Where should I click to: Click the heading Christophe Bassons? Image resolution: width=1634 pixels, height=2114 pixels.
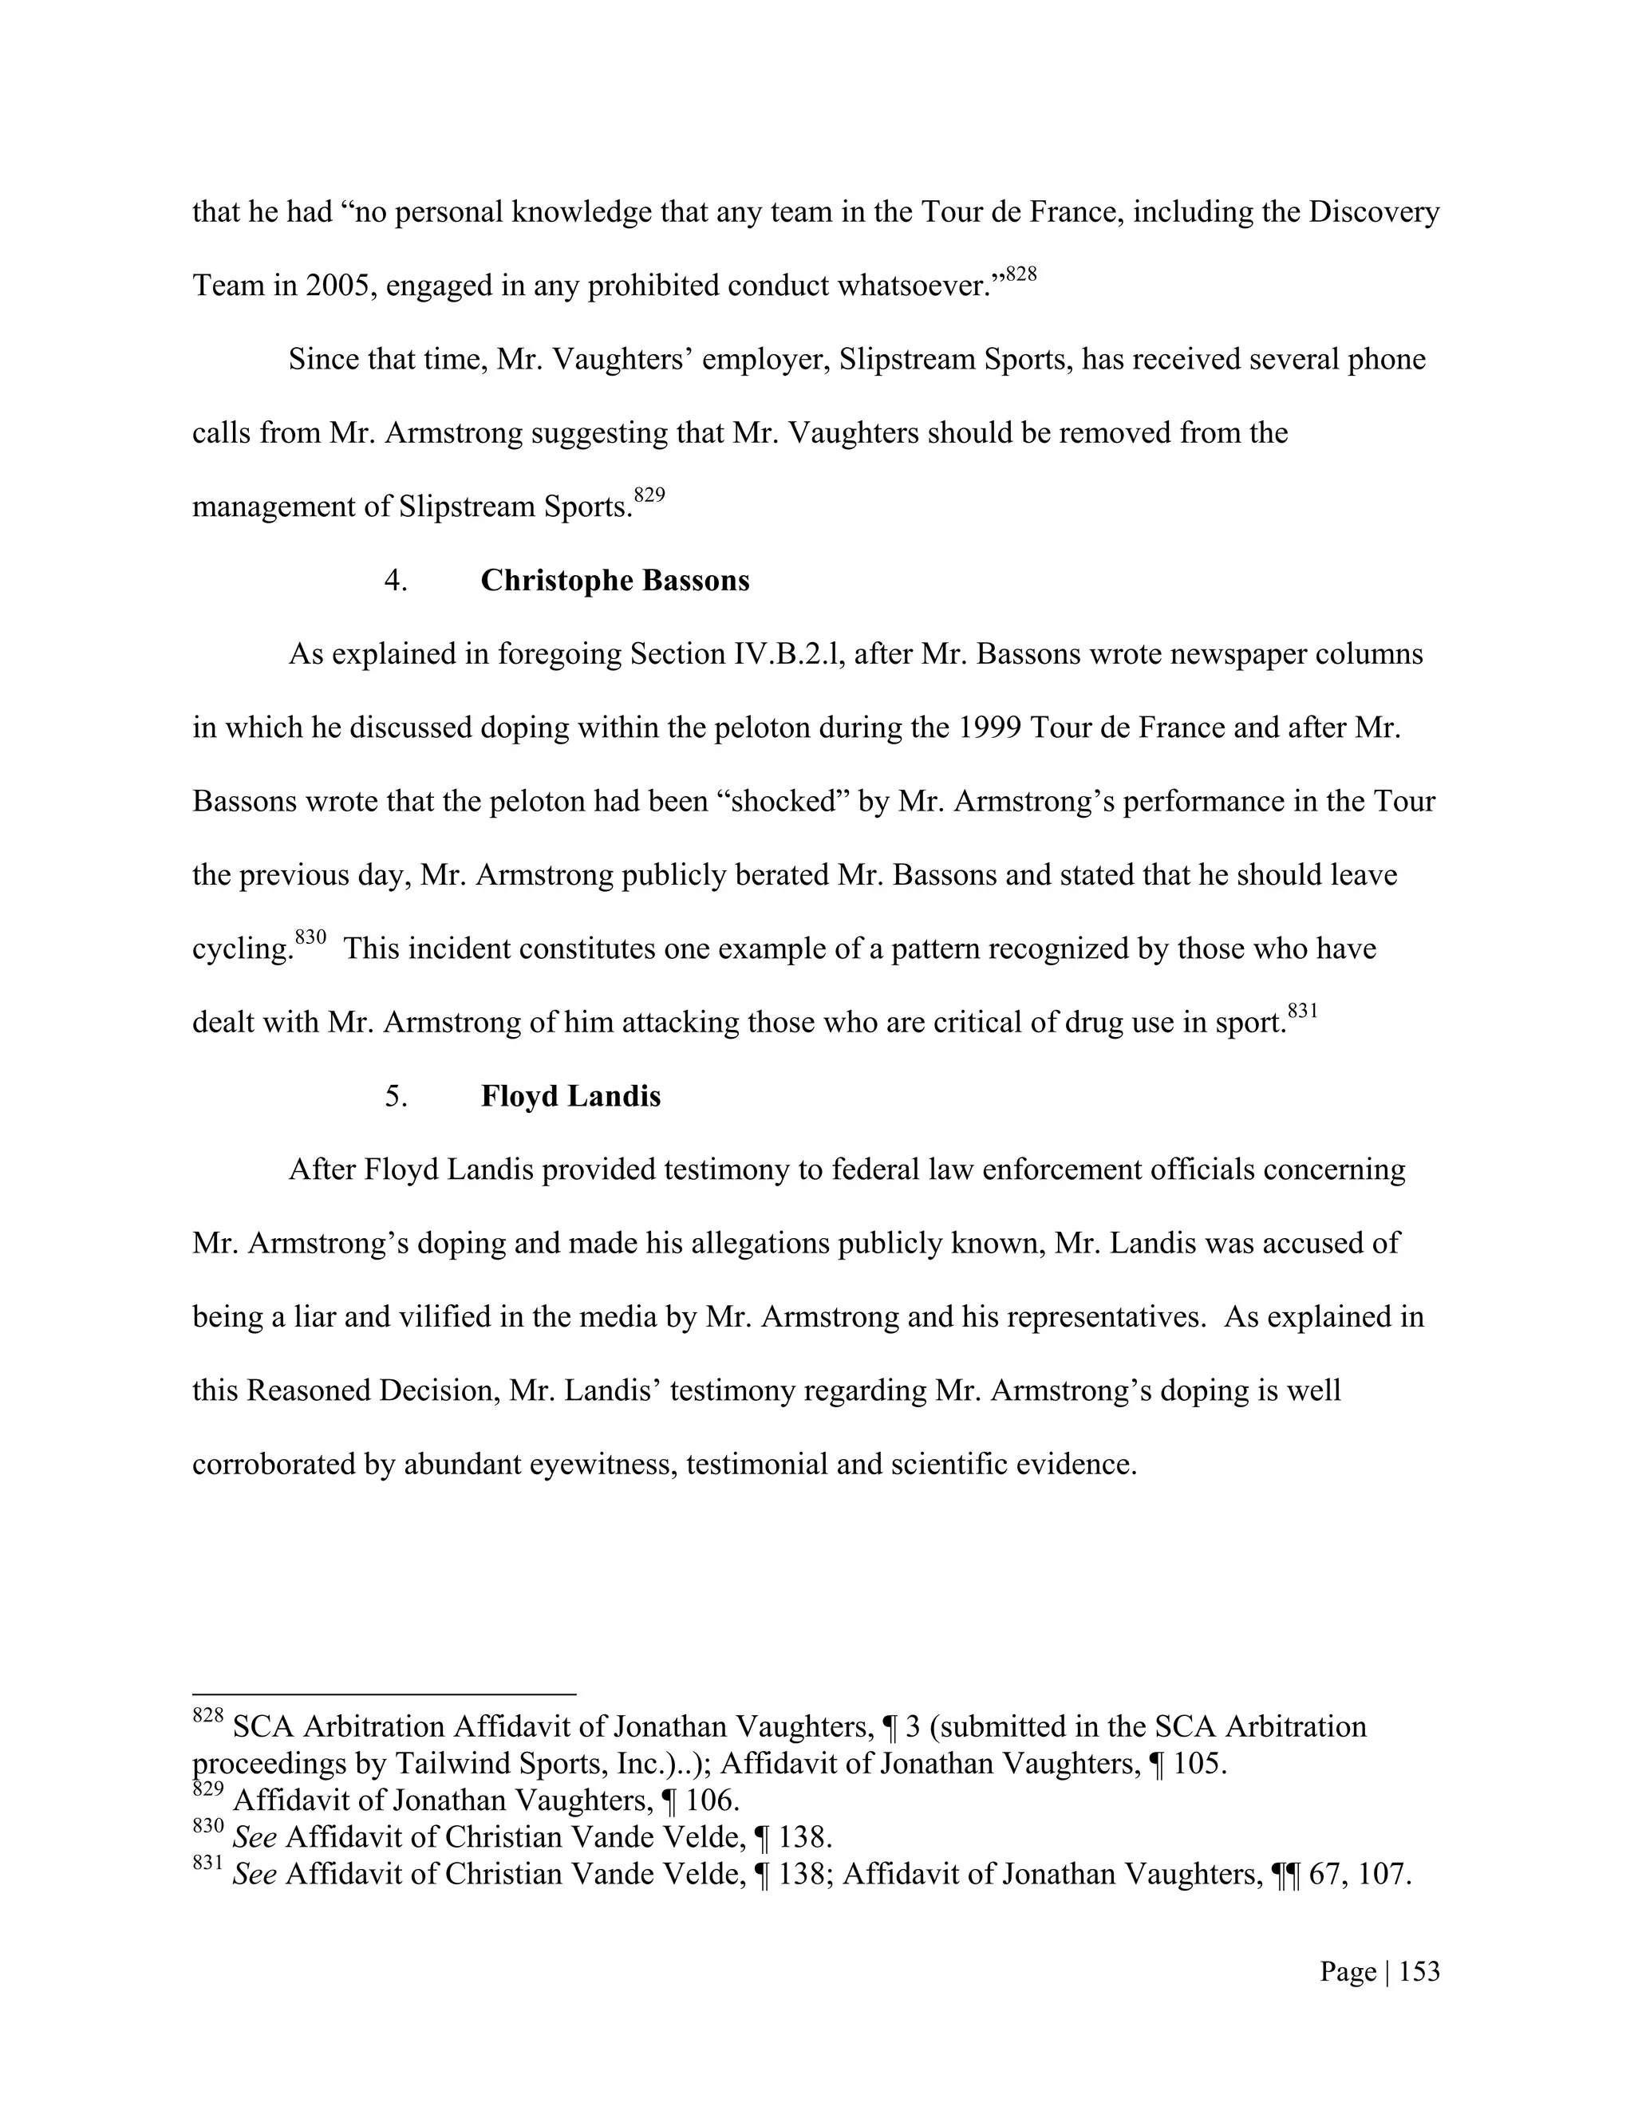pyautogui.click(x=614, y=581)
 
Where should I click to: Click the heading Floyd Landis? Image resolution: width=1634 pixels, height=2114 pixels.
pyautogui.click(x=570, y=1097)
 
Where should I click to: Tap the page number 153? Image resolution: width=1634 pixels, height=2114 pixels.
pyautogui.click(x=1419, y=1972)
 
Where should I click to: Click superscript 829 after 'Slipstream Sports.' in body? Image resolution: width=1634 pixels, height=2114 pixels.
pyautogui.click(x=649, y=495)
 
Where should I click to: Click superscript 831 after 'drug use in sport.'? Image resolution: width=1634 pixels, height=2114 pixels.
pyautogui.click(x=1303, y=1012)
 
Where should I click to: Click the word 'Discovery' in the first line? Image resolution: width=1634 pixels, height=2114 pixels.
pyautogui.click(x=1374, y=212)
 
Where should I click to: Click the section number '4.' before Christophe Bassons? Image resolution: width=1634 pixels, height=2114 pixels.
pyautogui.click(x=396, y=581)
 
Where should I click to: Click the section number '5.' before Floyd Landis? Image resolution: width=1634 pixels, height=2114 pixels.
pyautogui.click(x=396, y=1097)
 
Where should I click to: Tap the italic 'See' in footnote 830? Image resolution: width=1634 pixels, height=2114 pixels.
pyautogui.click(x=255, y=1837)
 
